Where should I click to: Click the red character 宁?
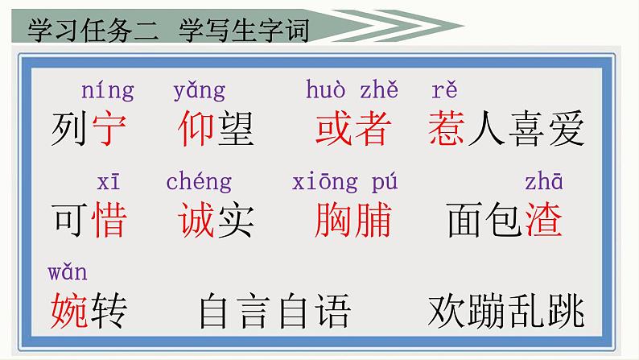pyautogui.click(x=109, y=128)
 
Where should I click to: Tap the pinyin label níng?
pyautogui.click(x=108, y=91)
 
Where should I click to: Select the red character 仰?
pyautogui.click(x=196, y=128)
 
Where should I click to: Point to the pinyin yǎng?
pyautogui.click(x=200, y=91)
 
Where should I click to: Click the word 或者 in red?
pyautogui.click(x=353, y=128)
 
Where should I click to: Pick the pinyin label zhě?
pyautogui.click(x=379, y=89)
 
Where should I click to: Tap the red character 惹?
pyautogui.click(x=446, y=128)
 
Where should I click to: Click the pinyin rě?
pyautogui.click(x=444, y=89)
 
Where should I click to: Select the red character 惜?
pyautogui.click(x=109, y=220)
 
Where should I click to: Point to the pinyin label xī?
pyautogui.click(x=109, y=182)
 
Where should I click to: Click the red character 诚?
pyautogui.click(x=196, y=220)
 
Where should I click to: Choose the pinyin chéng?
pyautogui.click(x=199, y=181)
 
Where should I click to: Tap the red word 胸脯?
pyautogui.click(x=353, y=220)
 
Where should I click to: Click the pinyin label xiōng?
pyautogui.click(x=325, y=182)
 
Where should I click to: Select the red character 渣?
pyautogui.click(x=544, y=220)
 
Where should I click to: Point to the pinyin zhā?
pyautogui.click(x=544, y=181)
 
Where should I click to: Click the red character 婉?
pyautogui.click(x=69, y=311)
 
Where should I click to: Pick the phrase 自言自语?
pyautogui.click(x=274, y=311)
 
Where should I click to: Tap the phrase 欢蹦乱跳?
pyautogui.click(x=506, y=311)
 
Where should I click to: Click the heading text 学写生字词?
pyautogui.click(x=244, y=30)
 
